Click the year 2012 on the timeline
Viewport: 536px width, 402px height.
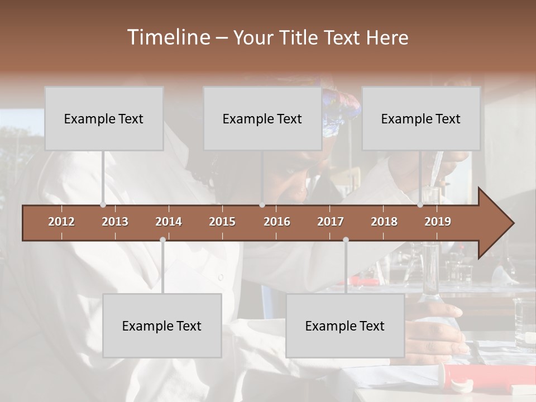click(61, 222)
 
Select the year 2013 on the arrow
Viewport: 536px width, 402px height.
click(115, 222)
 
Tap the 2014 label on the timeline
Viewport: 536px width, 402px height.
click(169, 222)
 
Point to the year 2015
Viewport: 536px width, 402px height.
click(222, 222)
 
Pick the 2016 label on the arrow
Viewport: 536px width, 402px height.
click(277, 222)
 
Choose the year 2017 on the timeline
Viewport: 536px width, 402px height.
click(331, 222)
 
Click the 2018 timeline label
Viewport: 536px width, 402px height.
click(384, 222)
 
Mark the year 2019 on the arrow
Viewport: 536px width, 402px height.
click(438, 222)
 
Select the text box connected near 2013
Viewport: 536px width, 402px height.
click(104, 118)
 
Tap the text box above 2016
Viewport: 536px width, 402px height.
click(262, 118)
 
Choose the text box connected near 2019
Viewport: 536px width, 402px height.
click(421, 118)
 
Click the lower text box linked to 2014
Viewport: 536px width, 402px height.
click(162, 326)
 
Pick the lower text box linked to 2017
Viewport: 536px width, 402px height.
click(345, 326)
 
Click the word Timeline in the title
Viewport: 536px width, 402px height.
click(168, 37)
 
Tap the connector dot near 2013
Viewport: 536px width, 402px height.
click(103, 205)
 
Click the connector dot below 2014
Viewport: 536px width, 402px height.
click(162, 240)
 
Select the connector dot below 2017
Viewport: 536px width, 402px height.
click(346, 240)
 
